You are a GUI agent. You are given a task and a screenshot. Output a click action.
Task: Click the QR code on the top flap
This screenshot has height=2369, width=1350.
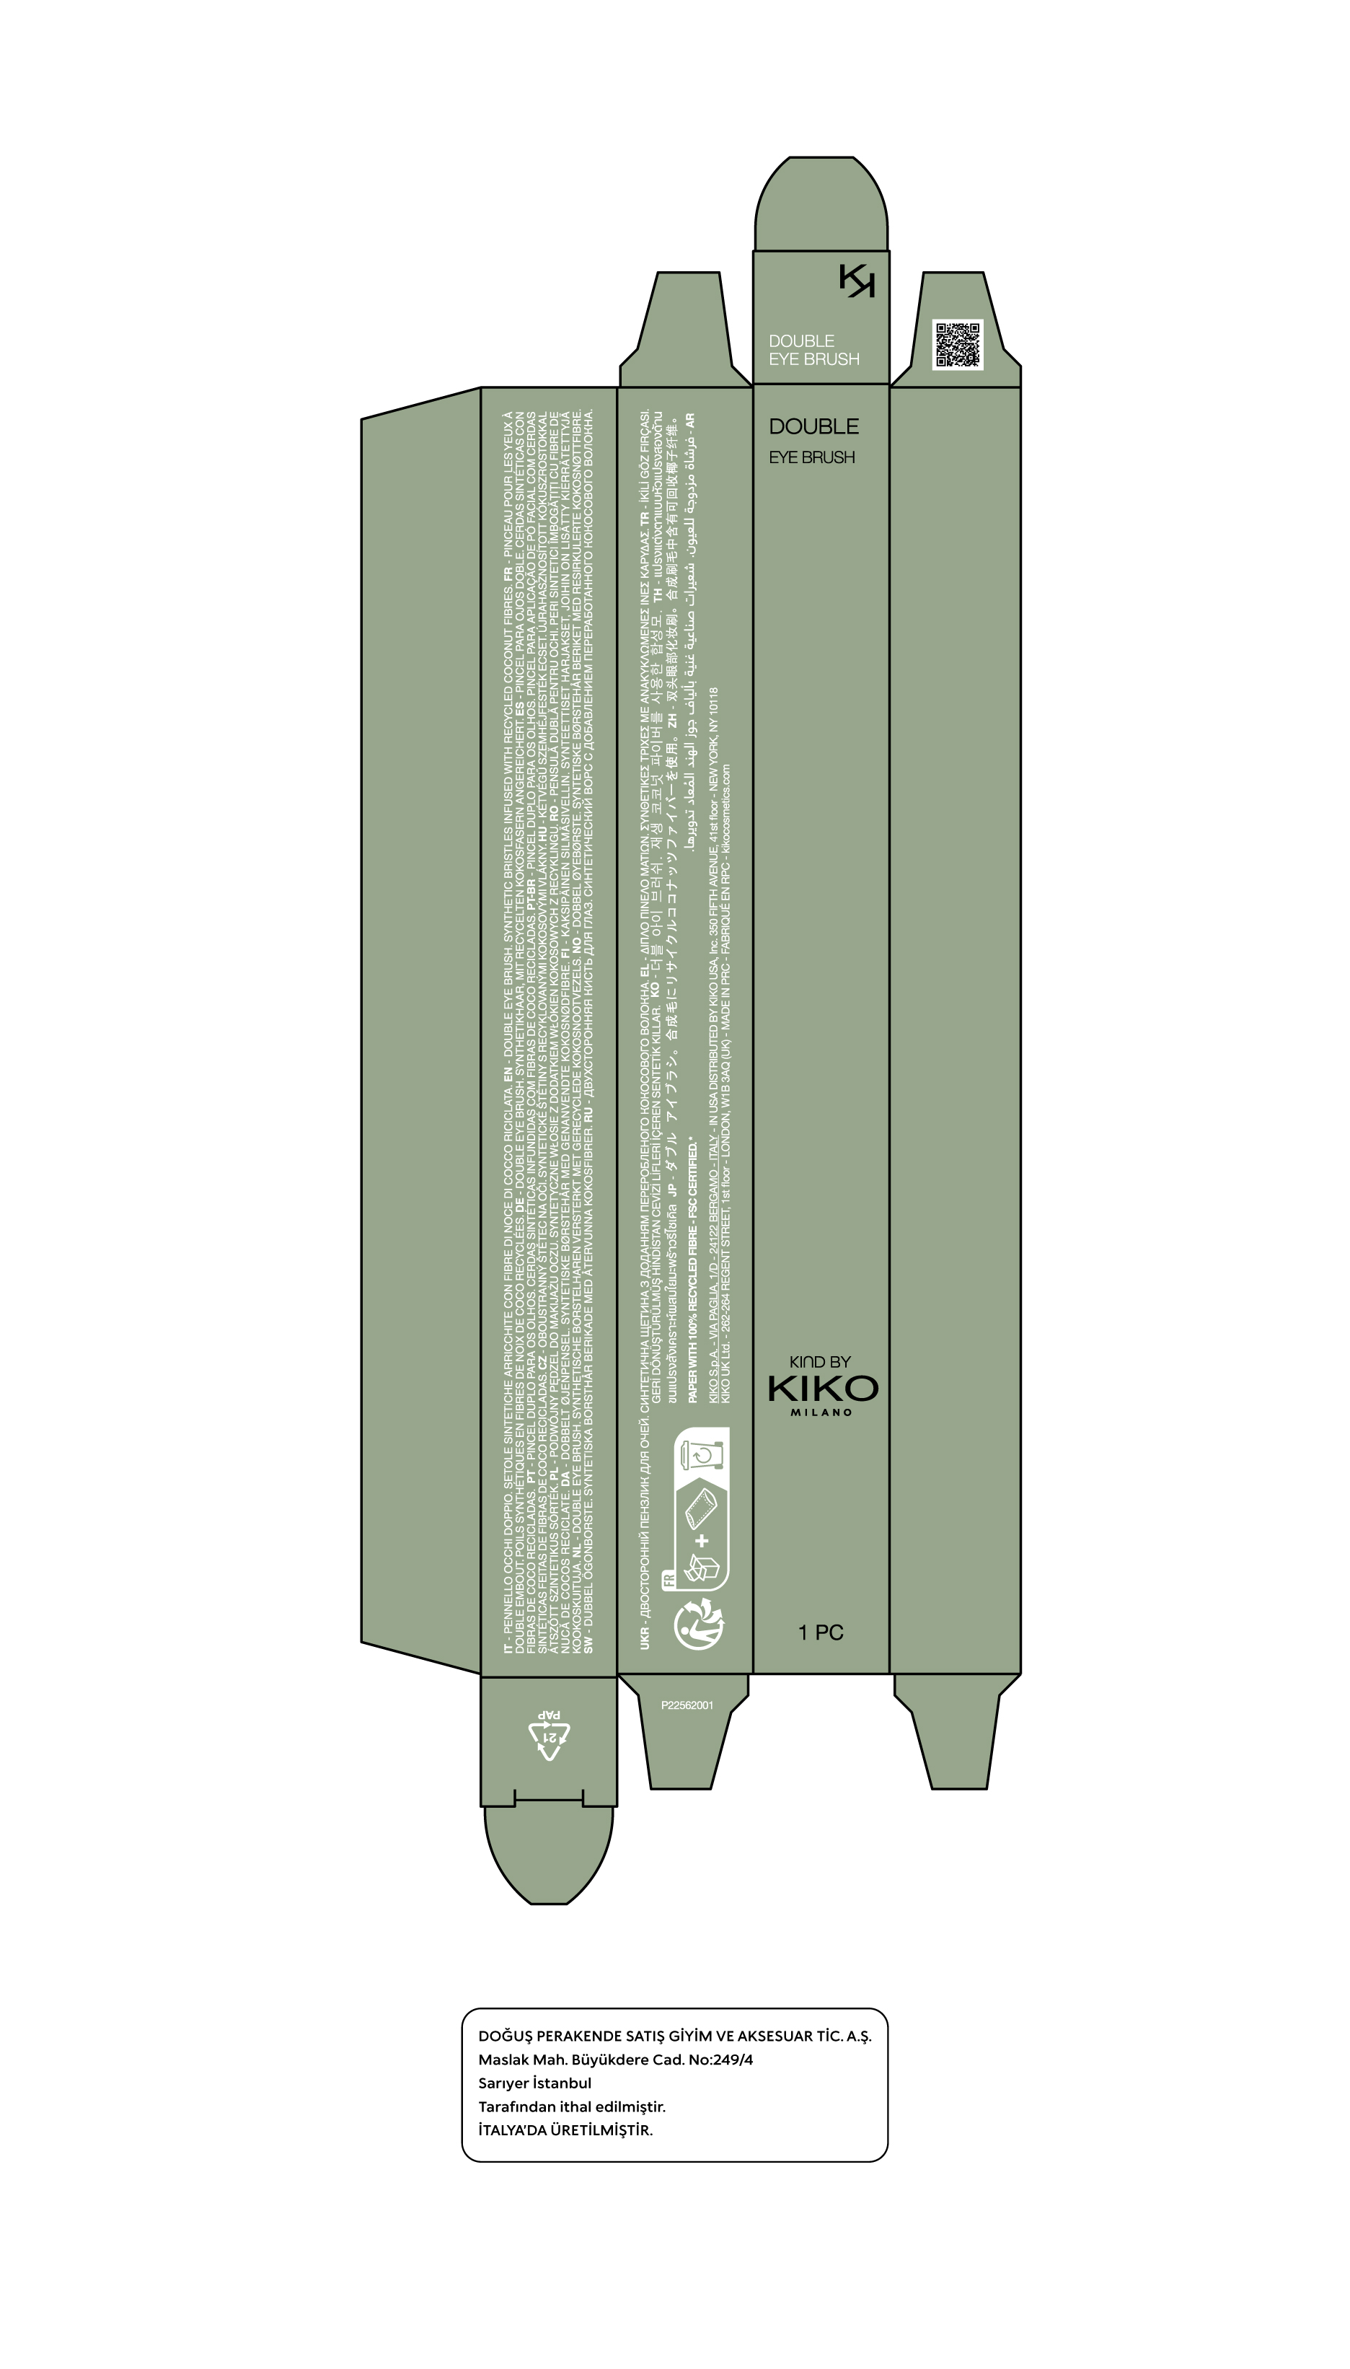click(x=957, y=345)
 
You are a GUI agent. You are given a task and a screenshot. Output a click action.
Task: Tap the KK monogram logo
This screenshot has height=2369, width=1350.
click(x=857, y=280)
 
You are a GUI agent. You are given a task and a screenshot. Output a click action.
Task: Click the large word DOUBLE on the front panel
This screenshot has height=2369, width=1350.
click(x=813, y=426)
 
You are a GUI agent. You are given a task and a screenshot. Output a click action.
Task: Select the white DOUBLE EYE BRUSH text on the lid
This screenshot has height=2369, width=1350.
click(x=813, y=350)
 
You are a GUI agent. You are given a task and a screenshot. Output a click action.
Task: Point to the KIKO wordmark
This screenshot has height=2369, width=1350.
click(x=822, y=1388)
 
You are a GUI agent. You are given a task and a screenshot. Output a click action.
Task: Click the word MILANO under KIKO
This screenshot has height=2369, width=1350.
click(x=821, y=1412)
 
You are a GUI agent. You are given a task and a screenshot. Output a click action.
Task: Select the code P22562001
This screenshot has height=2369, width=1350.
click(x=687, y=1704)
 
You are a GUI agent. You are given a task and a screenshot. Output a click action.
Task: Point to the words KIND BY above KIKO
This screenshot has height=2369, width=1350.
click(x=820, y=1361)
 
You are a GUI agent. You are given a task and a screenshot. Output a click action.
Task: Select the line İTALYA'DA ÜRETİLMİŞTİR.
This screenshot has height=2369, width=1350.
click(x=565, y=2130)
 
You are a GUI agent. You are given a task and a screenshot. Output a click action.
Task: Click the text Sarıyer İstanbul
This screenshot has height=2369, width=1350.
click(x=534, y=2083)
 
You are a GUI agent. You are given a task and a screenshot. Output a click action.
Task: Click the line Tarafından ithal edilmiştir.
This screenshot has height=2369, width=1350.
click(x=571, y=2106)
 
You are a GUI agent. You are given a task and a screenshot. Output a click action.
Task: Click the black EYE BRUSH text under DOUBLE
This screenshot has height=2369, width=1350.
click(x=811, y=457)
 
